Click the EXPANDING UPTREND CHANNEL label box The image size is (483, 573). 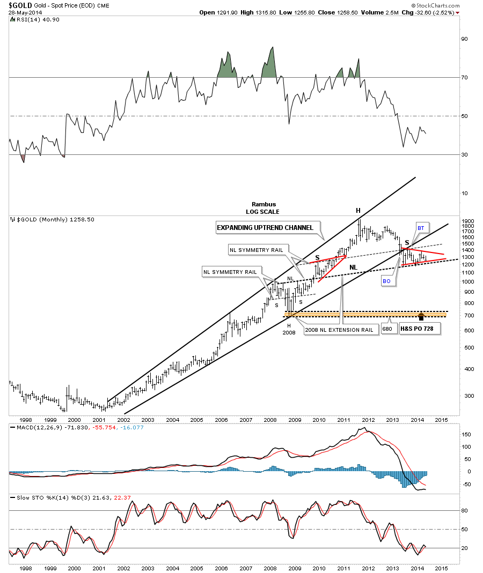(265, 228)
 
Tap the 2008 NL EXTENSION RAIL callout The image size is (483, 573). (339, 330)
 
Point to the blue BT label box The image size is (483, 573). (421, 228)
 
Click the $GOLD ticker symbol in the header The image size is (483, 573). (18, 4)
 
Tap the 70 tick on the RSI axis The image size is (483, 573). (465, 78)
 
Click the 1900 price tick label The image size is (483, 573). (467, 221)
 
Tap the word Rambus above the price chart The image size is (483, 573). (263, 204)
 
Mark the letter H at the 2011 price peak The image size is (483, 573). (358, 211)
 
